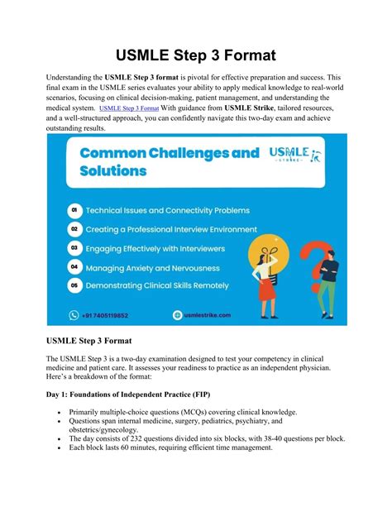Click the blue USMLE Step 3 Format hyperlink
click(x=129, y=108)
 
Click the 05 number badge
click(x=75, y=286)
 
